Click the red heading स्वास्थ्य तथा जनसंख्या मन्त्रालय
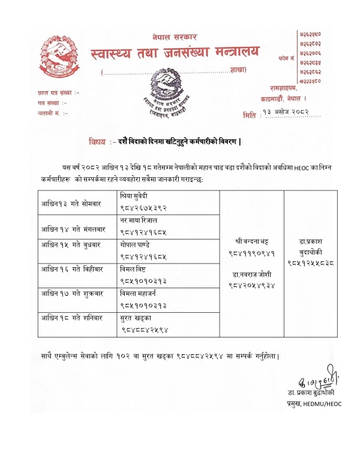tap(177, 56)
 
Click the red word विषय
tap(97, 142)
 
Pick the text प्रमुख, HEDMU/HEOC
tap(313, 404)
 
